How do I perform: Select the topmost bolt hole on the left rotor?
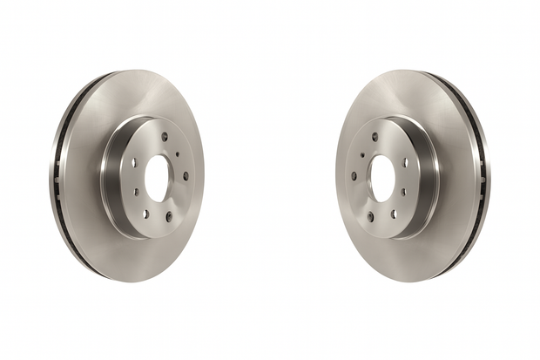[x=164, y=136]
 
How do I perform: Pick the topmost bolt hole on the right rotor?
[x=375, y=136]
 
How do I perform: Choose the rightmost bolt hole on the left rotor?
[x=186, y=175]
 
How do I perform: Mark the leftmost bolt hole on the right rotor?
[x=354, y=175]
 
